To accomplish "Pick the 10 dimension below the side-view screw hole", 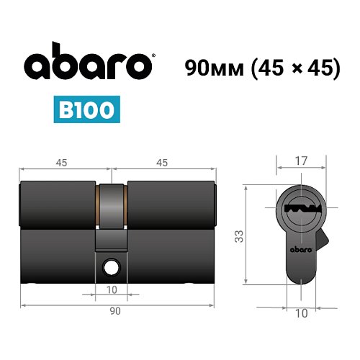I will click(x=112, y=291).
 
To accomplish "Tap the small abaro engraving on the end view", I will click(x=301, y=250).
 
